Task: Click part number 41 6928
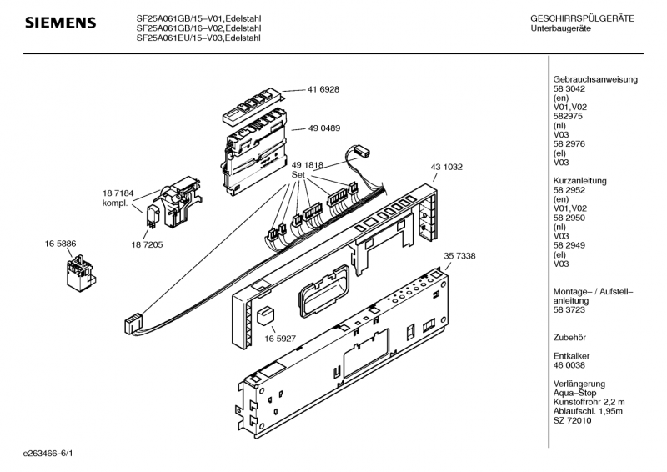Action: pyautogui.click(x=323, y=88)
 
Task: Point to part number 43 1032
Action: pyautogui.click(x=446, y=167)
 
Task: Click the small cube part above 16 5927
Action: pyautogui.click(x=267, y=315)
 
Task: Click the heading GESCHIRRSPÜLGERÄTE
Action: pyautogui.click(x=581, y=18)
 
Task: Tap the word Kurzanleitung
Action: pyautogui.click(x=579, y=181)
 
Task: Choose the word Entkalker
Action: pyautogui.click(x=571, y=355)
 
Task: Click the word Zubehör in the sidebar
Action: pyautogui.click(x=569, y=338)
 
